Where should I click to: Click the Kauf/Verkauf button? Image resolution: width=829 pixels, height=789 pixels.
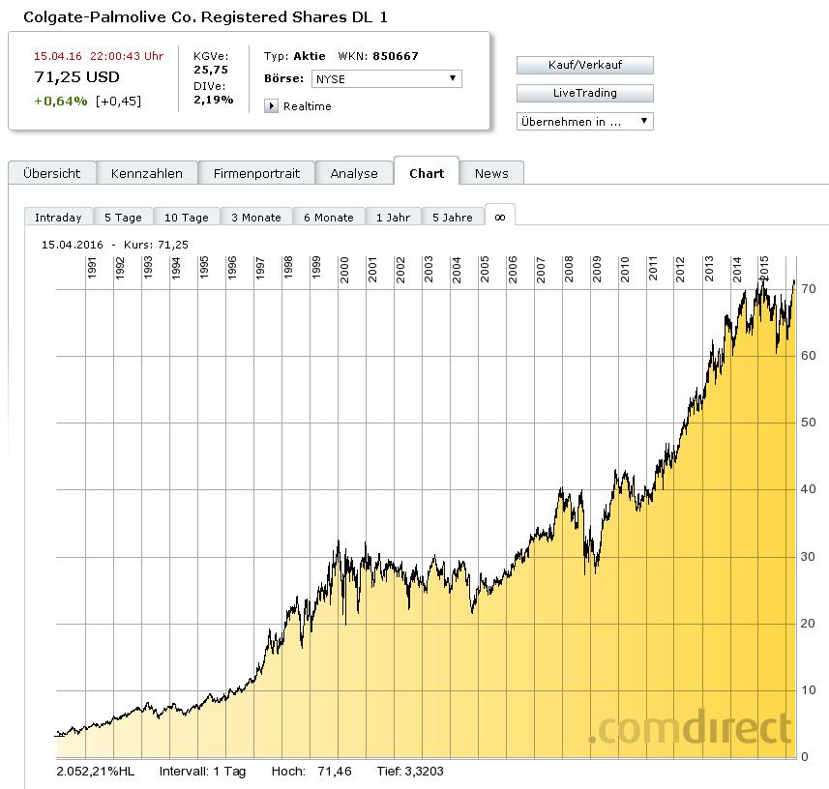tap(584, 66)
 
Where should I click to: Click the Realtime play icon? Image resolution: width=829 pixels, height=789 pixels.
tap(272, 106)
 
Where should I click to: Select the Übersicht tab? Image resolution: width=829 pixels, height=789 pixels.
tap(52, 173)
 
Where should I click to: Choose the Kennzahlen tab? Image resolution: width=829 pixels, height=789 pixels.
tap(147, 173)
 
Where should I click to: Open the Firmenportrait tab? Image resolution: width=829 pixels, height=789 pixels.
tap(256, 173)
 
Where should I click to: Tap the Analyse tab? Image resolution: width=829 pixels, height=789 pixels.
tap(354, 173)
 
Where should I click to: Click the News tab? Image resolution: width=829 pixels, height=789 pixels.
tap(491, 173)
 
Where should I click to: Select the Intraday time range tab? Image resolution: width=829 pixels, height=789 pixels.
tap(58, 218)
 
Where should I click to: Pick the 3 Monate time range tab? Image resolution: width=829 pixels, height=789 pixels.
tap(256, 218)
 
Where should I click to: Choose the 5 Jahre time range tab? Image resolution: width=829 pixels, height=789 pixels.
tap(453, 218)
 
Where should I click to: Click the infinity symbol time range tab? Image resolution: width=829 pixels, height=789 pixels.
tap(500, 217)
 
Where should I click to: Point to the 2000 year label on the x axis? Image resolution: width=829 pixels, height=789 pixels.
tap(344, 269)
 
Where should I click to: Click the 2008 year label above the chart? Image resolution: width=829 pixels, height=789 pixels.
tap(569, 269)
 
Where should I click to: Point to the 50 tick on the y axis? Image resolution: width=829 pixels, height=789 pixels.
tap(808, 423)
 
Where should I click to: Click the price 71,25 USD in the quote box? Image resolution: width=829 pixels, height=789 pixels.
tap(76, 77)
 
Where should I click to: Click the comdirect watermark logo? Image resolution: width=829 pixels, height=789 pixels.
tap(691, 728)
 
